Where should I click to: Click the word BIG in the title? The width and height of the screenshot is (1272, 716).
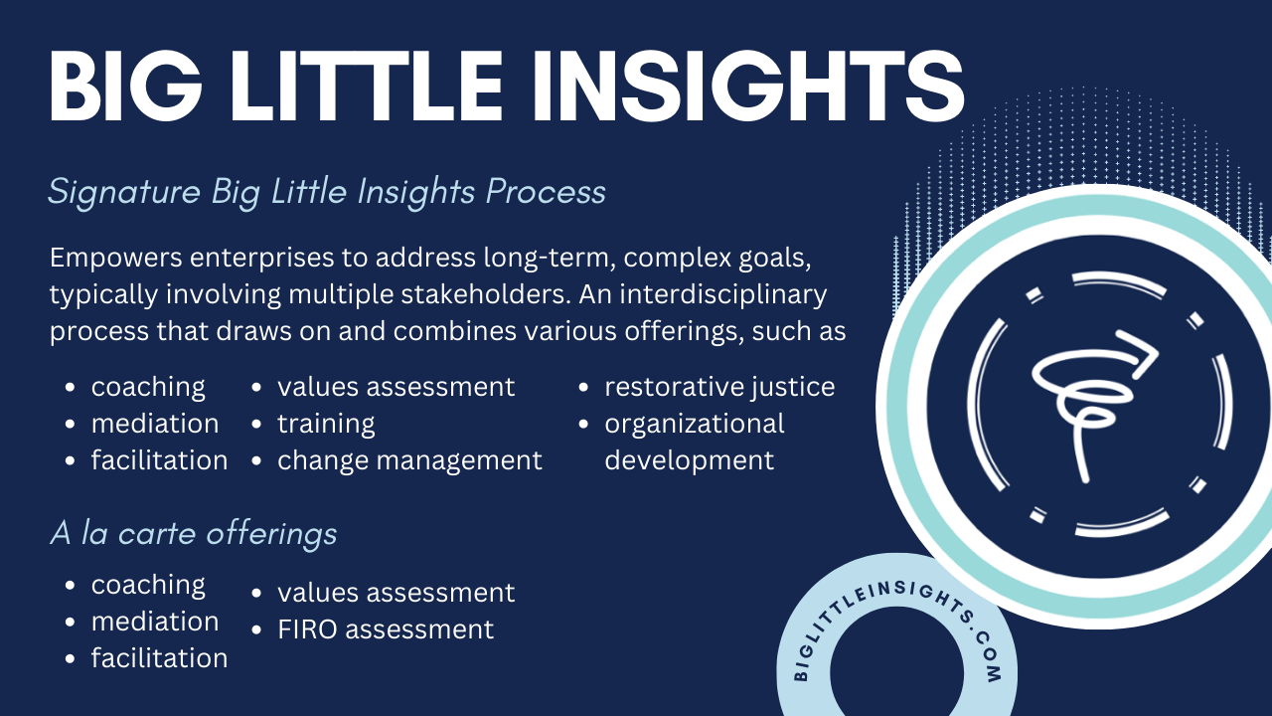125,86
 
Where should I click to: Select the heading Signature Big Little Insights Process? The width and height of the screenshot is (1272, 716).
327,192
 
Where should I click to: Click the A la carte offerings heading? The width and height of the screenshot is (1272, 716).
194,534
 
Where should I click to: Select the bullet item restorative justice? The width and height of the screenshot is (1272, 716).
719,388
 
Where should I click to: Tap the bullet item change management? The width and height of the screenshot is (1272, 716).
409,460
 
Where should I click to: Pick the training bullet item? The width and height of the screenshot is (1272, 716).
326,424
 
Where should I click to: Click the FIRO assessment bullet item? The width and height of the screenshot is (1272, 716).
386,629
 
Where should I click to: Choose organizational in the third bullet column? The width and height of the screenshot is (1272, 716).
694,424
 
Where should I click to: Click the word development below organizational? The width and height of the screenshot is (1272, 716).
689,460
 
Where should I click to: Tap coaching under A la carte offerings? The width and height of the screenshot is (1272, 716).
148,586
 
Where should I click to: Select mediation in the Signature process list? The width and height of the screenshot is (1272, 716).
155,424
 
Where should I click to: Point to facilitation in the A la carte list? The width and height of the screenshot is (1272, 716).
160,658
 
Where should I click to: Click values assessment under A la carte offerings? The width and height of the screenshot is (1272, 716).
396,593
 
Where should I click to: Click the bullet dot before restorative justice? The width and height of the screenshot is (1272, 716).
582,388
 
